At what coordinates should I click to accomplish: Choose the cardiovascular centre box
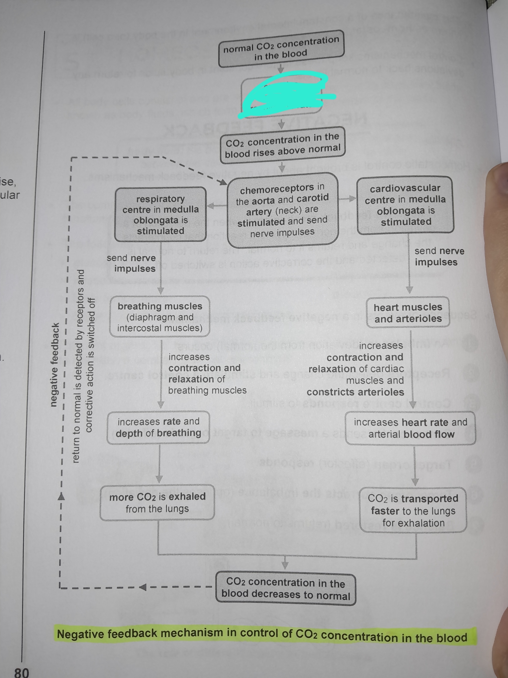click(x=405, y=205)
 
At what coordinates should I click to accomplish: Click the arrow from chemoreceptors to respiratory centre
click(x=217, y=206)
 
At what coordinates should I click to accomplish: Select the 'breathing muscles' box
click(x=160, y=317)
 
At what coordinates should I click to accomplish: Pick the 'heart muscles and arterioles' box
click(x=408, y=313)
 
